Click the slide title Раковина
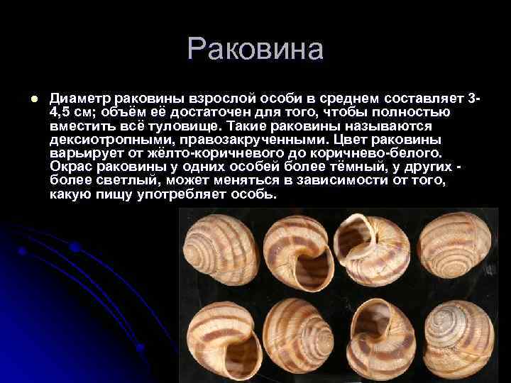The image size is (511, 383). (x=255, y=50)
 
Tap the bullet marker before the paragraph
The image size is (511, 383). (x=25, y=98)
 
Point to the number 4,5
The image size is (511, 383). (x=64, y=112)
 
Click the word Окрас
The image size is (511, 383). (x=70, y=166)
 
